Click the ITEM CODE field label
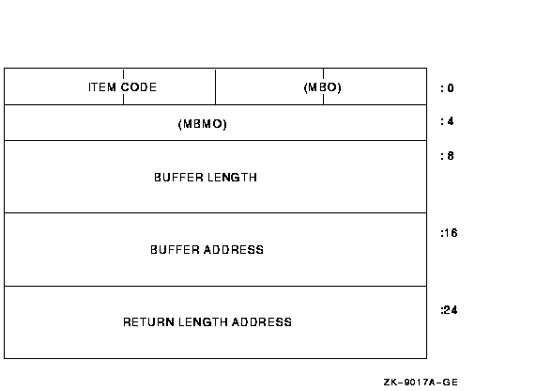coord(122,87)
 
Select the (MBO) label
coord(323,87)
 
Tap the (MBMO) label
coord(203,124)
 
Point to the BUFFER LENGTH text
coord(206,178)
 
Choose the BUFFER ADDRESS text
coord(207,250)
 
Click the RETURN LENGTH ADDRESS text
coord(207,321)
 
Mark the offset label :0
coord(447,88)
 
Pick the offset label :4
coord(447,121)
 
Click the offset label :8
coord(447,156)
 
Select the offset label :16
coord(449,233)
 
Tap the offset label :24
coord(449,310)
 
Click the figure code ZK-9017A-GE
coord(421,383)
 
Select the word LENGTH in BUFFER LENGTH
coord(232,178)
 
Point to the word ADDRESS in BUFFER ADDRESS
coord(234,250)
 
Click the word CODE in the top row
coord(139,87)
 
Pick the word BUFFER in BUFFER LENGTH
coord(178,178)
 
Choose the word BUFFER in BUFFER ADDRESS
coord(175,250)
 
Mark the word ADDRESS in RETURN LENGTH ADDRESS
coord(262,321)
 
